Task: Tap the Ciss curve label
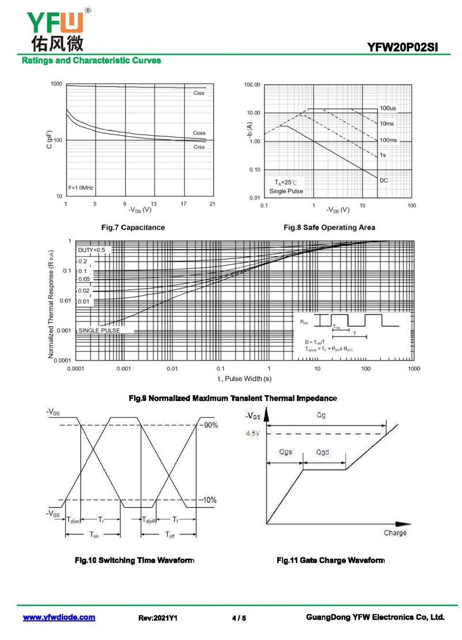(x=199, y=93)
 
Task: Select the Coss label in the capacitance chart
(x=199, y=133)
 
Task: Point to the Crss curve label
(x=199, y=147)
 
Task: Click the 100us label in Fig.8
(x=388, y=108)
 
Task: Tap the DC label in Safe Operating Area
(x=383, y=181)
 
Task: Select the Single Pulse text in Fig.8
(x=286, y=191)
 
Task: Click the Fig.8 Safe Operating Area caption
(x=329, y=227)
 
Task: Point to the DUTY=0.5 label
(x=92, y=250)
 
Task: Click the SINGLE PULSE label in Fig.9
(x=99, y=331)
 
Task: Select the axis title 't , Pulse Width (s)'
(x=244, y=379)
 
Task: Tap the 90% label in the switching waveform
(x=210, y=425)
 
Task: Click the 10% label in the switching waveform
(x=210, y=500)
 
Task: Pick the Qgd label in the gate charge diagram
(x=323, y=452)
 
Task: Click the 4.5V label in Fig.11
(x=252, y=433)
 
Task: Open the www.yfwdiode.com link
(x=59, y=617)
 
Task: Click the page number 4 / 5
(x=239, y=618)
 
